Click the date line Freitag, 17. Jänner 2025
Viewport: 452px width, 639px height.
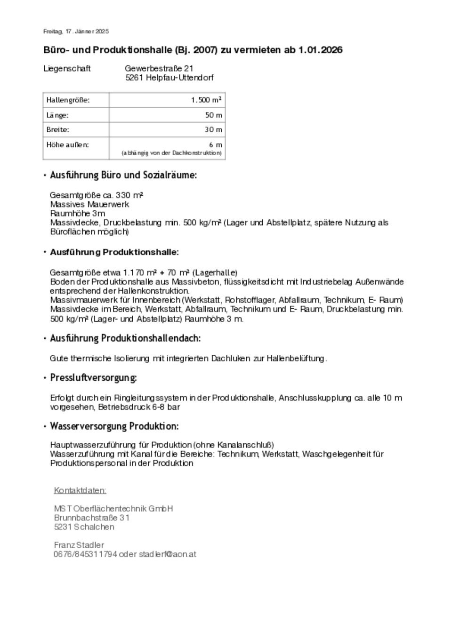tap(76, 32)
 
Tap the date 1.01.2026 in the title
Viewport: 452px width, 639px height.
tap(320, 50)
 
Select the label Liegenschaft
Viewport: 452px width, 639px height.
tap(67, 69)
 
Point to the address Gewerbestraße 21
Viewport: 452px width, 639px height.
tap(159, 69)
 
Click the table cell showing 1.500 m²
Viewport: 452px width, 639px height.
tap(206, 100)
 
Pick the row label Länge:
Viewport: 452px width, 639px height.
tap(57, 115)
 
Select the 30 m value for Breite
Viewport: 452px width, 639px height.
tap(213, 129)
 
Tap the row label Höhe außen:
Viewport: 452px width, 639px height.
tap(67, 145)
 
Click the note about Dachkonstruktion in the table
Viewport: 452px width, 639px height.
tap(171, 153)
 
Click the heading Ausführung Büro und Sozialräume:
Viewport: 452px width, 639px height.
tap(123, 175)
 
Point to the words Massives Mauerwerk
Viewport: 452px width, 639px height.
tap(89, 204)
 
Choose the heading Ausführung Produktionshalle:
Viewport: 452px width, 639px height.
tap(114, 252)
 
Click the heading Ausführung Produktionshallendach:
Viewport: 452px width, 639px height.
tap(125, 338)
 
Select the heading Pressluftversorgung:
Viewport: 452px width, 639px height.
tap(93, 378)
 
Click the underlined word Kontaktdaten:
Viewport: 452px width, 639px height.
tap(80, 490)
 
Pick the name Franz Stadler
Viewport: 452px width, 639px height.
tap(79, 545)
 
